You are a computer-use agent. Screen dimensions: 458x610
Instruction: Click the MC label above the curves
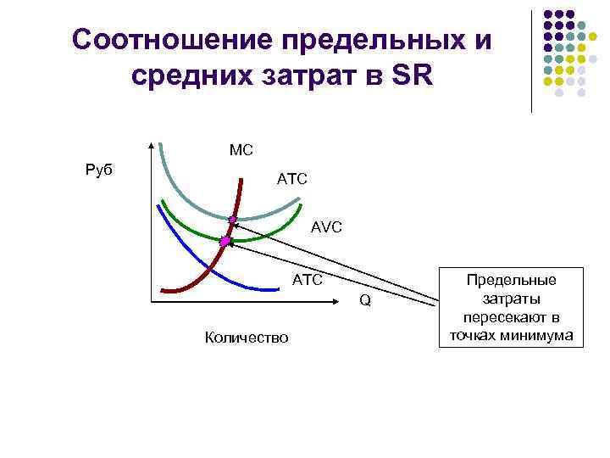(241, 150)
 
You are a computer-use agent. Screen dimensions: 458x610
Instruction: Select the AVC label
(326, 227)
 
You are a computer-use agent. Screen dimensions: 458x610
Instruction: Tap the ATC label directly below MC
(292, 179)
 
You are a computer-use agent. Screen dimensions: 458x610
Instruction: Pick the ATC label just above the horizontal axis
(307, 279)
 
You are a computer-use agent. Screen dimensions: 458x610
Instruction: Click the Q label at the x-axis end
(365, 300)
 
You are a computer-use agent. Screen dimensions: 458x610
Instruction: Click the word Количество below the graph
(246, 338)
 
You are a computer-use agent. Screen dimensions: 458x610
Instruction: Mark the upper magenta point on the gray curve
(232, 220)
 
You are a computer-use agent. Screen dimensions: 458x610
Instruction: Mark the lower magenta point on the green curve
(225, 242)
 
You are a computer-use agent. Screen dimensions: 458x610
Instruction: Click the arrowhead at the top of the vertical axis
(151, 144)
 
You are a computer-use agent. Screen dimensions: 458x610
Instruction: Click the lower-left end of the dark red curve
(163, 290)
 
